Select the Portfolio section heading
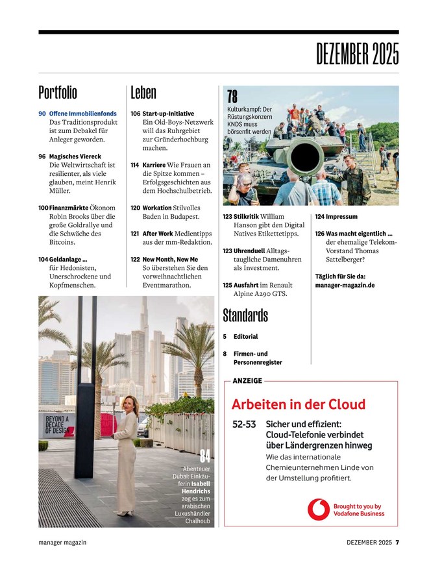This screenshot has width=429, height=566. pos(58,92)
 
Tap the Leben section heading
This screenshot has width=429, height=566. pos(143,92)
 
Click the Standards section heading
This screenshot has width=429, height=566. pos(245,315)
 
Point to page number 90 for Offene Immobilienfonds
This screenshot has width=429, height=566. pos(42,114)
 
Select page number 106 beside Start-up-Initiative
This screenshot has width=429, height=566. pos(135,114)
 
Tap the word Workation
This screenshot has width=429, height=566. pos(157,208)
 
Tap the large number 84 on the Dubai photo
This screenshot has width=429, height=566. pos(205,456)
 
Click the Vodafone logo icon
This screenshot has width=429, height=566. pos(318,510)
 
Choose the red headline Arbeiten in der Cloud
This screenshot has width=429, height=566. pos(299,404)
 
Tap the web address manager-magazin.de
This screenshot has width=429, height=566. pos(345,284)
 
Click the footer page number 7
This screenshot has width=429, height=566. pos(397,543)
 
